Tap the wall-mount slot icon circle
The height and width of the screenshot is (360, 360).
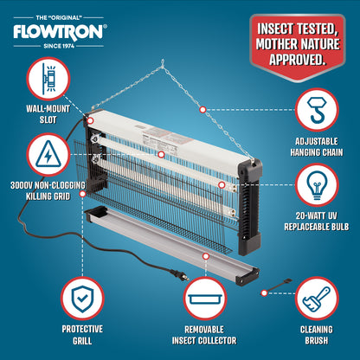(x=48, y=79)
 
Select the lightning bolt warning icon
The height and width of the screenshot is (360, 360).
(x=48, y=154)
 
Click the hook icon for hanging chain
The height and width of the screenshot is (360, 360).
(x=317, y=110)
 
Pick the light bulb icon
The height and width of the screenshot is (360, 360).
(x=317, y=184)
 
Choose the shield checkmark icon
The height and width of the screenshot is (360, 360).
(x=82, y=299)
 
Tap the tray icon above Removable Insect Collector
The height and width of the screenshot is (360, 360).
(x=205, y=299)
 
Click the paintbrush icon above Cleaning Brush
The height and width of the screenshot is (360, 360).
(x=317, y=299)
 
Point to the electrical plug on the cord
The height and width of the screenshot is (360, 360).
(x=180, y=275)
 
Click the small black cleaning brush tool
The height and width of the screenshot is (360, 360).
(x=278, y=285)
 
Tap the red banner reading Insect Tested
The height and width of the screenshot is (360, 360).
(x=298, y=46)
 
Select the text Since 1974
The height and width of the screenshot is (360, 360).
(x=59, y=46)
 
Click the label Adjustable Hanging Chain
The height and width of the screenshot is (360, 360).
(x=317, y=147)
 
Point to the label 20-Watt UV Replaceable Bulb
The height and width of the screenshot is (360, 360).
(x=317, y=222)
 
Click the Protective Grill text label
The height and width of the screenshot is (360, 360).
(x=82, y=335)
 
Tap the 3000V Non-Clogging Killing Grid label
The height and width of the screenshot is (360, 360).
(x=48, y=190)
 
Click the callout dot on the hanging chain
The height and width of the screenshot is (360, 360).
(x=202, y=110)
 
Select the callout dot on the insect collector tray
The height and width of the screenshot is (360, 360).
(x=206, y=256)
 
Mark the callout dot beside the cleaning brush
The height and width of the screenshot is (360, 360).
(x=264, y=293)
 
